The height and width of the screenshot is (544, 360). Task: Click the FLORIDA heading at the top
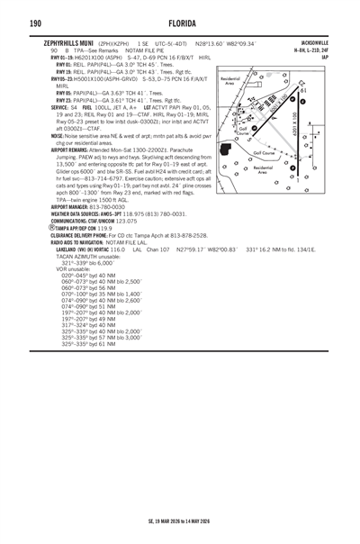180,22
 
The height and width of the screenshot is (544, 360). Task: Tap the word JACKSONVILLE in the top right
325,41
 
